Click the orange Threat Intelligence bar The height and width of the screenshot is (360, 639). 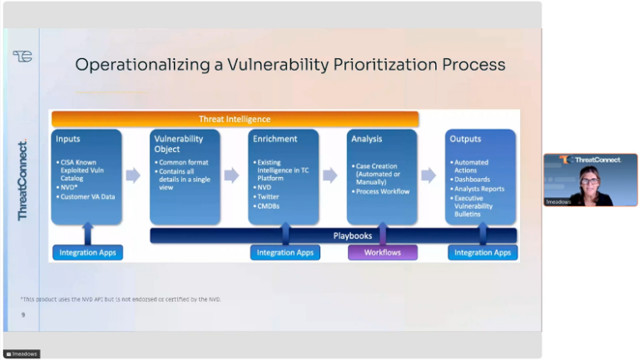235,119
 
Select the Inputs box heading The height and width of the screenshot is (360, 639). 68,139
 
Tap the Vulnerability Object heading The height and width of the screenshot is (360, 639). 178,144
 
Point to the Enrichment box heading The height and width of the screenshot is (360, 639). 275,139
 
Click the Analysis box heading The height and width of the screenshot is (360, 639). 367,139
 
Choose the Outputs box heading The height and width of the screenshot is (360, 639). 466,139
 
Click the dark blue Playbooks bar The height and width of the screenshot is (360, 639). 353,236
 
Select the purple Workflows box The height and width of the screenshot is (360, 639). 382,252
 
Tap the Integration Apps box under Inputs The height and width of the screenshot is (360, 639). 87,252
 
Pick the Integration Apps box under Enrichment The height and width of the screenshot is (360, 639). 285,252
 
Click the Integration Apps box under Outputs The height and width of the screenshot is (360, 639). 483,252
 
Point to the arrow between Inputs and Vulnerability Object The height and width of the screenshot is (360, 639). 133,175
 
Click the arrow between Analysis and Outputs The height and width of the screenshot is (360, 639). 428,175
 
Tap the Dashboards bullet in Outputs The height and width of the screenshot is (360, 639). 472,180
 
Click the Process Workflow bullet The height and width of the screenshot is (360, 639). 383,191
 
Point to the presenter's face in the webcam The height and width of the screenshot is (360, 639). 590,179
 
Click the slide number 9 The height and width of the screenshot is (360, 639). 23,314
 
